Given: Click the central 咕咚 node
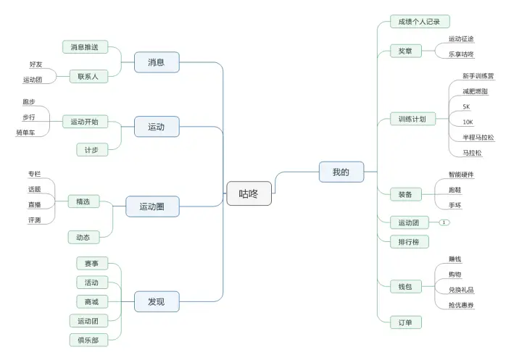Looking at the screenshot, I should pyautogui.click(x=249, y=193).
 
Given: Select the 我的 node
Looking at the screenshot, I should pyautogui.click(x=341, y=172).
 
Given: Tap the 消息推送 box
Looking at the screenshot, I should pyautogui.click(x=85, y=47).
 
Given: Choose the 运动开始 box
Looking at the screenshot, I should pyautogui.click(x=85, y=122).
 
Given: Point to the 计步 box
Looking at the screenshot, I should pyautogui.click(x=92, y=150).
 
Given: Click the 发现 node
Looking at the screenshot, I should pyautogui.click(x=156, y=301).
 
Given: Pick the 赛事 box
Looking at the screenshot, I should pyautogui.click(x=91, y=264).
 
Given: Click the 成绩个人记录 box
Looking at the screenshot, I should pyautogui.click(x=420, y=22).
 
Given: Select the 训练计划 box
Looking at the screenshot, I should pyautogui.click(x=412, y=119).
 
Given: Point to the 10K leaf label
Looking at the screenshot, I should pyautogui.click(x=468, y=122).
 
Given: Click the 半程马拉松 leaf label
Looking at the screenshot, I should pyautogui.click(x=478, y=137).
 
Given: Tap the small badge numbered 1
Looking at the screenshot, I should pyautogui.click(x=444, y=222).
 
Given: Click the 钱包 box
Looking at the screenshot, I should pyautogui.click(x=405, y=287).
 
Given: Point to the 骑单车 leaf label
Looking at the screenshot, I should pyautogui.click(x=26, y=133).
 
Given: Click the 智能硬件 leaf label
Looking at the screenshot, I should pyautogui.click(x=461, y=175).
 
